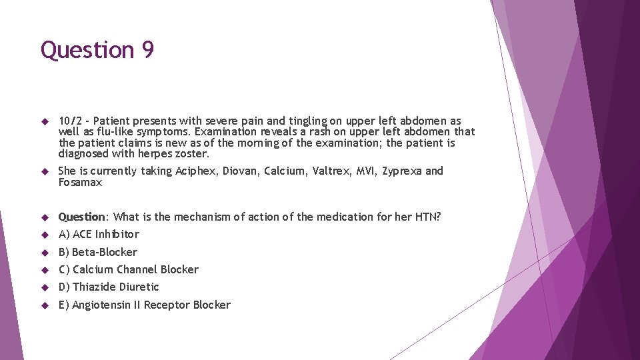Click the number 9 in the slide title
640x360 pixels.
(147, 50)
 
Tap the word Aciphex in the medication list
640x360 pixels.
(196, 171)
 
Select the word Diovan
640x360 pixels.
(239, 171)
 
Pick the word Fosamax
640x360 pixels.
(80, 182)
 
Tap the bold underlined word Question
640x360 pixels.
(82, 217)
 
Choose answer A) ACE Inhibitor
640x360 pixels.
(99, 234)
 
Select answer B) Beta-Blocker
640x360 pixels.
(98, 252)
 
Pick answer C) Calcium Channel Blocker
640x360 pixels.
(129, 269)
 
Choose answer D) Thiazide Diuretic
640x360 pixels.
(109, 287)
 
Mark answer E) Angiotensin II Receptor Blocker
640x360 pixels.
(144, 305)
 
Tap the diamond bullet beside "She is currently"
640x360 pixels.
(45, 172)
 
